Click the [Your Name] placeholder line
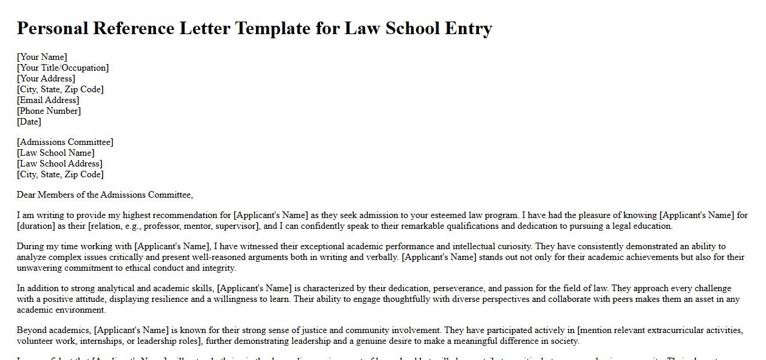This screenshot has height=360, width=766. [42, 57]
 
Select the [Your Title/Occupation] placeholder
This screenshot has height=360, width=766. [63, 68]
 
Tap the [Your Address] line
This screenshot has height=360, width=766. [46, 78]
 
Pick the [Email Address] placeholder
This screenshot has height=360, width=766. [48, 100]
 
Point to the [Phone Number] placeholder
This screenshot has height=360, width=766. [49, 111]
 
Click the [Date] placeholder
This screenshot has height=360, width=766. [29, 122]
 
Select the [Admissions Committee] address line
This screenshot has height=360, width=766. [65, 142]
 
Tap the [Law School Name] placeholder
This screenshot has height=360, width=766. [56, 153]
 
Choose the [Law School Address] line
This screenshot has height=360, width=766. [59, 164]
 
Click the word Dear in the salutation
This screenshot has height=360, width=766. [26, 195]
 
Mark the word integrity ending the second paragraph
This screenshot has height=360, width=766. [219, 268]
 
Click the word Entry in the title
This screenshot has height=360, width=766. [469, 28]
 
